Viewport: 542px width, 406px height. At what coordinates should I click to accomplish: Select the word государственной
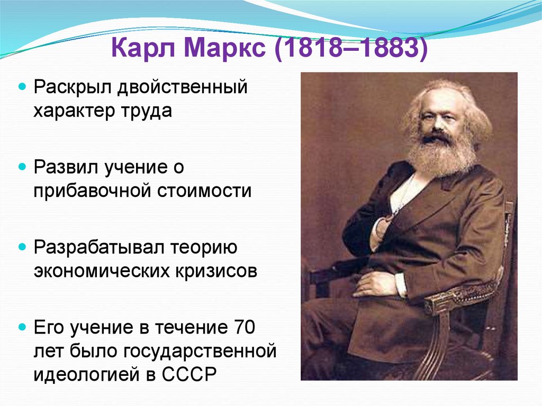point(201,351)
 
